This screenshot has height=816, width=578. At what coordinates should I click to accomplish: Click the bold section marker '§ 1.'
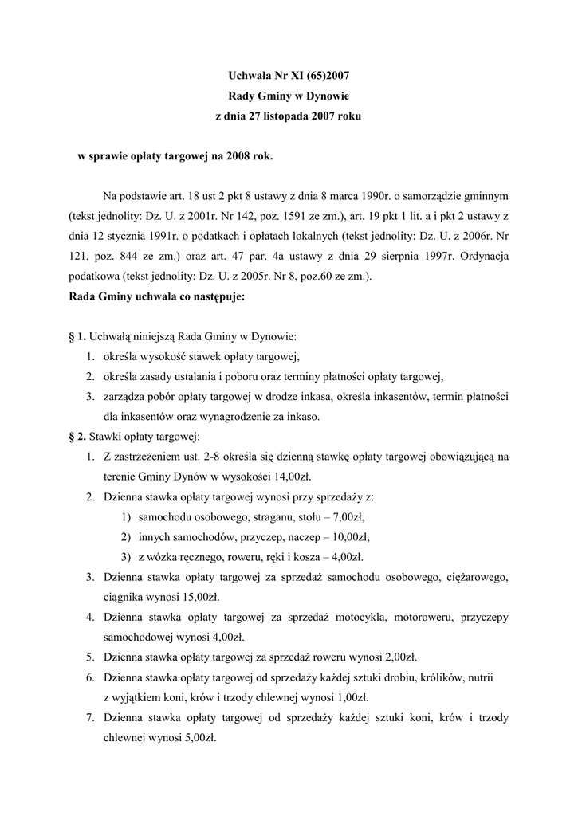coord(77,338)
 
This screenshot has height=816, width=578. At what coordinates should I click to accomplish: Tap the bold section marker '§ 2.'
coord(77,437)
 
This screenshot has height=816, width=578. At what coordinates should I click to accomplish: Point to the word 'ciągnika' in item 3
coord(124,596)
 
